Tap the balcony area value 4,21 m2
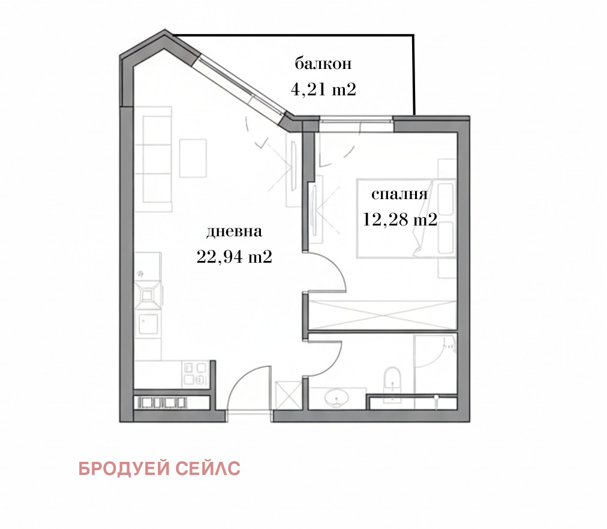(x=323, y=90)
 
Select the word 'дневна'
(x=235, y=232)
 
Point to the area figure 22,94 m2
(x=235, y=257)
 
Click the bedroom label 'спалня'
(x=399, y=194)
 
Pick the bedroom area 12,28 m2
(x=399, y=220)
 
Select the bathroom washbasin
(x=336, y=397)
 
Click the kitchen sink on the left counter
(x=148, y=324)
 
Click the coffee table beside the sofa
(x=193, y=158)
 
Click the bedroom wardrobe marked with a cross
(x=382, y=312)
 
